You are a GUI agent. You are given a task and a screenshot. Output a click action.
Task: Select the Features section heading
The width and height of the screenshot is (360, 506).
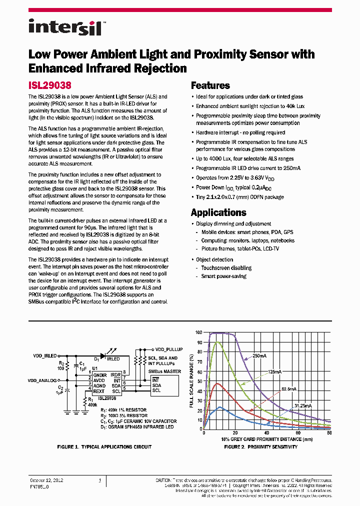click(210, 85)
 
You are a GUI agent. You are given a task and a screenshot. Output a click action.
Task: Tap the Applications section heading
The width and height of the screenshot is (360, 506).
click(218, 212)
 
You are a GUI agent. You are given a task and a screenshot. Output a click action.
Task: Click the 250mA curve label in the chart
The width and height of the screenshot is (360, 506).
click(259, 356)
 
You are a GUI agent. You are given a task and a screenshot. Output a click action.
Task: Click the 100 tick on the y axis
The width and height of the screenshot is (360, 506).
click(198, 332)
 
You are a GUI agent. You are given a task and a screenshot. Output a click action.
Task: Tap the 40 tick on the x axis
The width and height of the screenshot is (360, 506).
click(266, 433)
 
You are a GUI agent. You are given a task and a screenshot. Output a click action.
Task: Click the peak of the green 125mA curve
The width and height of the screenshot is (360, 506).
click(217, 342)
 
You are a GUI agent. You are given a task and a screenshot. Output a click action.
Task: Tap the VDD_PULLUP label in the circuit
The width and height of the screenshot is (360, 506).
click(168, 349)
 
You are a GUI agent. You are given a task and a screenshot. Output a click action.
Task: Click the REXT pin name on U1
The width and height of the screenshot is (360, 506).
click(99, 391)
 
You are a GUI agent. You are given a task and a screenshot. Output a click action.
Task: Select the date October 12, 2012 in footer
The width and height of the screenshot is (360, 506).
click(46, 480)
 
